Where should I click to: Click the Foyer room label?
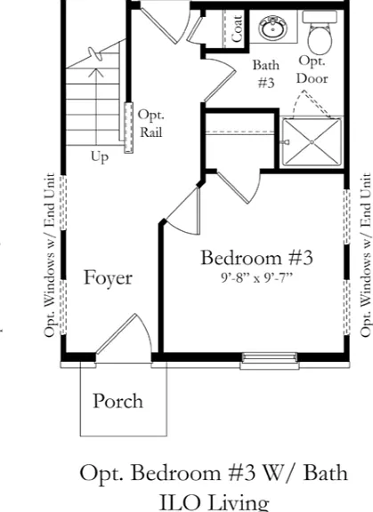point(109,278)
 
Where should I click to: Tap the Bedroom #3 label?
point(256,258)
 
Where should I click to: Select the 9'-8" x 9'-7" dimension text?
point(256,278)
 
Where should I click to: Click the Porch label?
point(118,401)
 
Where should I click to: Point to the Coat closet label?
point(237,28)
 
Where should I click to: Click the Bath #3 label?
point(266,74)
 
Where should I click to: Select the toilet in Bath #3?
point(320,32)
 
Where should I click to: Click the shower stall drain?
point(312,142)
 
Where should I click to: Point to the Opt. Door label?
point(312,69)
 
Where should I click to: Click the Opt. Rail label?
point(150,124)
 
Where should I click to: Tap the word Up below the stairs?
point(100,157)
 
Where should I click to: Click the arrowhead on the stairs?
point(96,73)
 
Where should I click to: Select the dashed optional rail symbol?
point(129,128)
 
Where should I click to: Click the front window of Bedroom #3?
point(270,361)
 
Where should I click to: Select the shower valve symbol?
point(287,142)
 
